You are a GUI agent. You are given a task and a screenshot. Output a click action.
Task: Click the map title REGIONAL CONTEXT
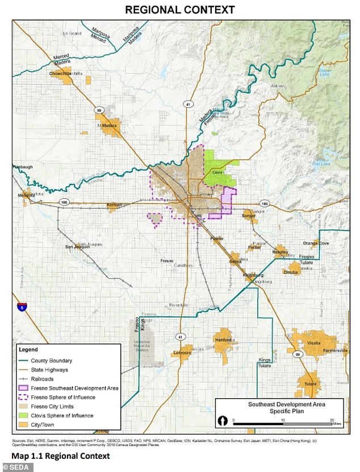pyautogui.click(x=180, y=10)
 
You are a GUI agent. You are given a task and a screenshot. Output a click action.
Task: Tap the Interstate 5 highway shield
pyautogui.click(x=22, y=307)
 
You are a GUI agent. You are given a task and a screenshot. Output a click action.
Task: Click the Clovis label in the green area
pyautogui.click(x=216, y=172)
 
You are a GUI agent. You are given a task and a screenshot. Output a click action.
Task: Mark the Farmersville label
pyautogui.click(x=335, y=350)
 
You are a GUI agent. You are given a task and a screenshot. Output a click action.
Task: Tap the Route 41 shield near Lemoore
pyautogui.click(x=181, y=336)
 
